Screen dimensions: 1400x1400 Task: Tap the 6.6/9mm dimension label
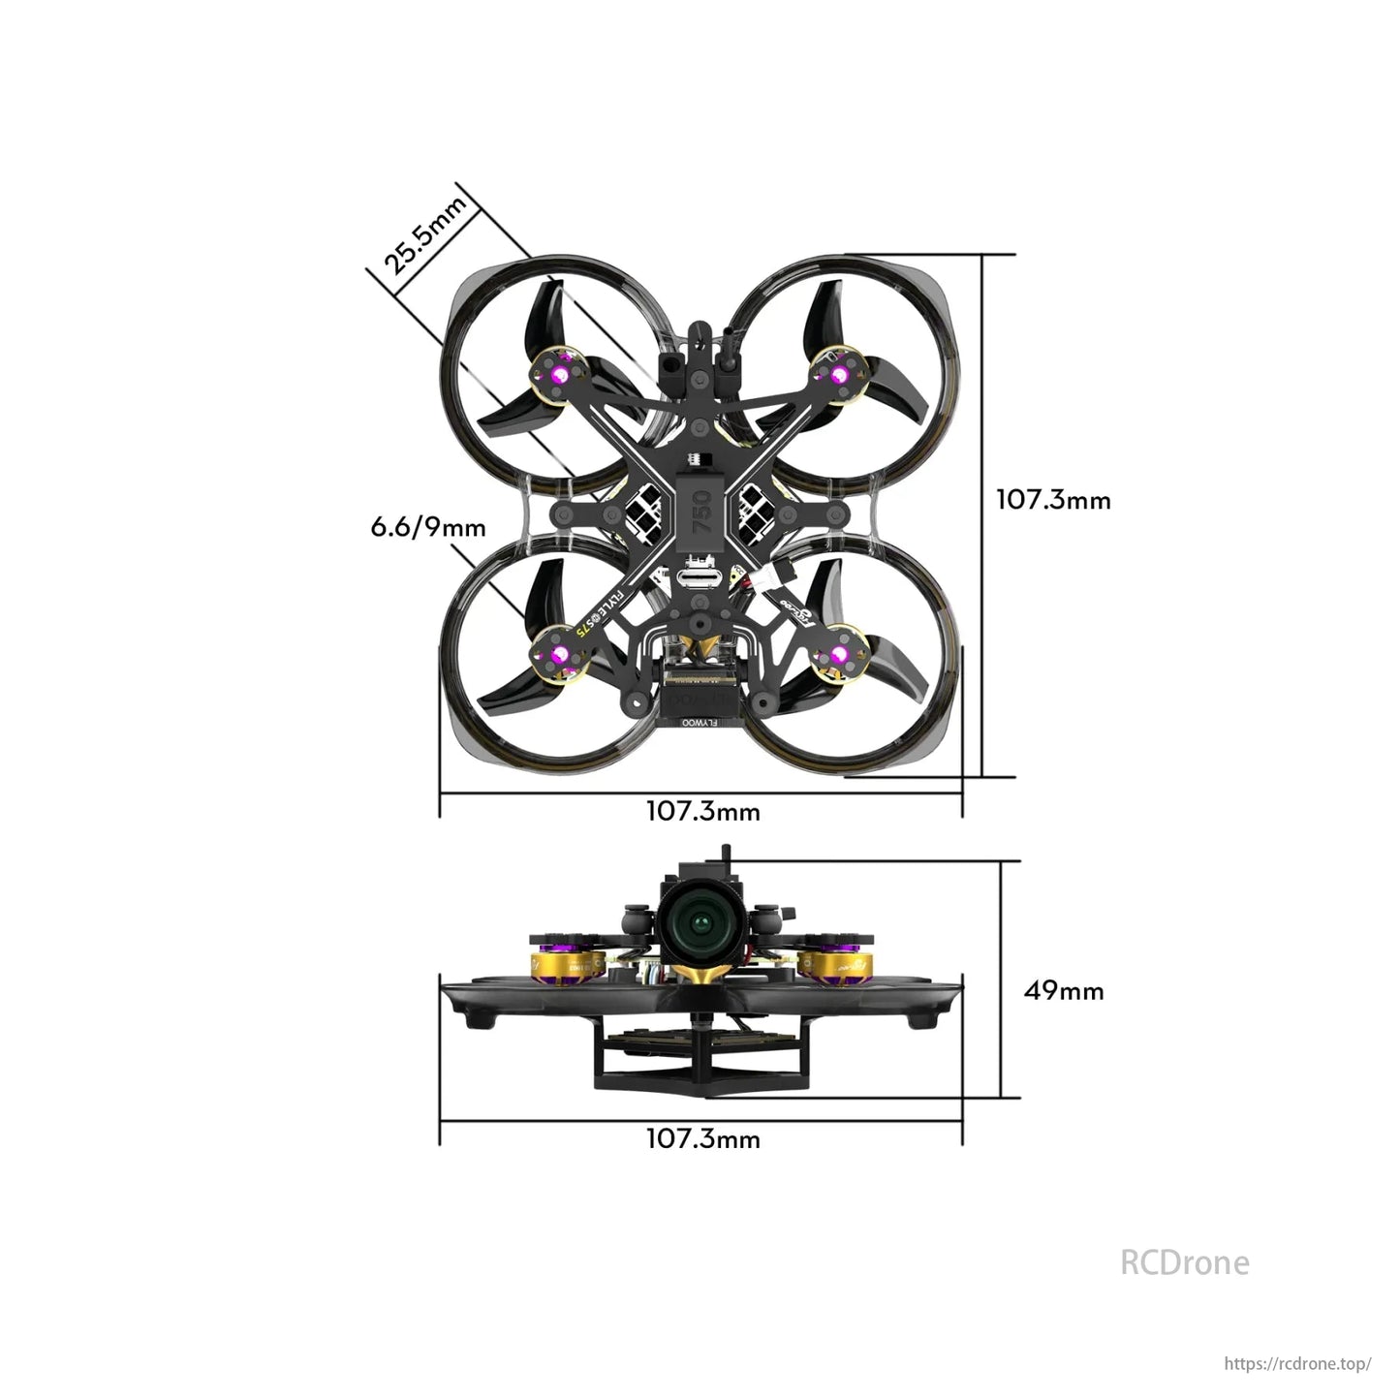coord(428,527)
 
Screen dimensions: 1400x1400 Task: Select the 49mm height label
coord(1063,990)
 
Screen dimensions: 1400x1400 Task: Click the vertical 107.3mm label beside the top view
coord(1053,500)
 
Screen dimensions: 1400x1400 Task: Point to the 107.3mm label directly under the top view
coord(702,811)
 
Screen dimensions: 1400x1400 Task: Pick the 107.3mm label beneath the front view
coord(702,1138)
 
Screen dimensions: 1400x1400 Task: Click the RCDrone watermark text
coord(1184,1262)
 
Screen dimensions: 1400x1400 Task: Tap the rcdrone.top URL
coord(1297,1363)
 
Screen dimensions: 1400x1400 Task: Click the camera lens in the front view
coord(700,920)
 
